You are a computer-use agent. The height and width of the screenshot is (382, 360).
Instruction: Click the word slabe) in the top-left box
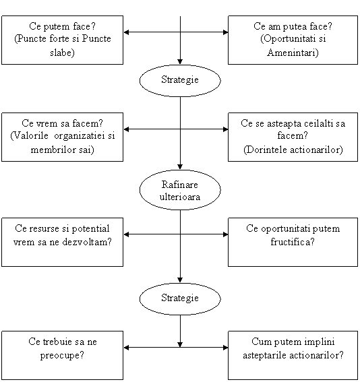point(62,53)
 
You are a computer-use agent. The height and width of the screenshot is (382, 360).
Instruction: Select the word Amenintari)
point(293,53)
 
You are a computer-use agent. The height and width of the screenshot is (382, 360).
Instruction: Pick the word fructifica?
point(293,242)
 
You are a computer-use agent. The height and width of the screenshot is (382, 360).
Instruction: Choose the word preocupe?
point(62,355)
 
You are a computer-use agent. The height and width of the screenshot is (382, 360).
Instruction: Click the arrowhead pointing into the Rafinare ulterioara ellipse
point(180,167)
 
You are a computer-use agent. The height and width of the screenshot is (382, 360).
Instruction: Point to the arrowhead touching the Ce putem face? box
point(127,32)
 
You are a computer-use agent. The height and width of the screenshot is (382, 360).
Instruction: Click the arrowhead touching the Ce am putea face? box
point(225,32)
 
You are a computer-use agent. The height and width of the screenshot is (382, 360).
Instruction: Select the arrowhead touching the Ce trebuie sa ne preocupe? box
point(127,348)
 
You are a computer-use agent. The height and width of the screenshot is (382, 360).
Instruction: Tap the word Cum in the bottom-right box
point(259,342)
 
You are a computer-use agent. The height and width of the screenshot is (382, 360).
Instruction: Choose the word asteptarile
point(265,355)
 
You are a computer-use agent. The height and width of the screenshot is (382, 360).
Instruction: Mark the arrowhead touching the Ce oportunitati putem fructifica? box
point(225,234)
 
